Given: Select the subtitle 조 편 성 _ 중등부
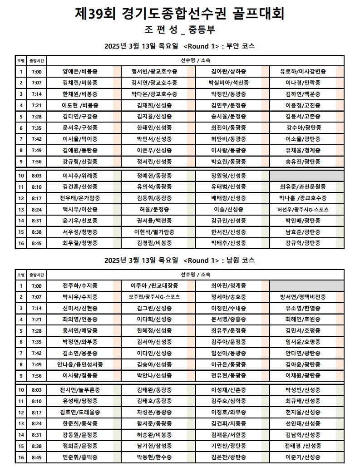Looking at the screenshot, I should click(x=180, y=30).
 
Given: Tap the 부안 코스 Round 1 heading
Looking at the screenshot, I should click(x=180, y=46).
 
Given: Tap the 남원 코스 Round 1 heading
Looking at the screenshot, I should click(x=180, y=261).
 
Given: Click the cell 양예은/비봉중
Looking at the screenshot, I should click(x=80, y=71).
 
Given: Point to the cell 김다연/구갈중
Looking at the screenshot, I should click(x=80, y=116).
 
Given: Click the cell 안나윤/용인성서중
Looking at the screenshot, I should click(x=80, y=364).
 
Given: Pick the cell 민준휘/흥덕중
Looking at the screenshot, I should click(x=80, y=457).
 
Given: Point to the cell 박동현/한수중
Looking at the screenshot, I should click(x=154, y=457).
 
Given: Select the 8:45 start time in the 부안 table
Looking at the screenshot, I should click(x=36, y=243).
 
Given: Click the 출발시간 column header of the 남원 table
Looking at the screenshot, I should click(x=36, y=275).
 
